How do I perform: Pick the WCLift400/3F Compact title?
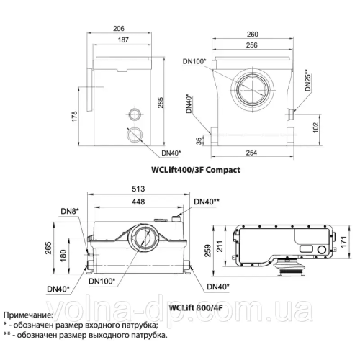195,171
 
